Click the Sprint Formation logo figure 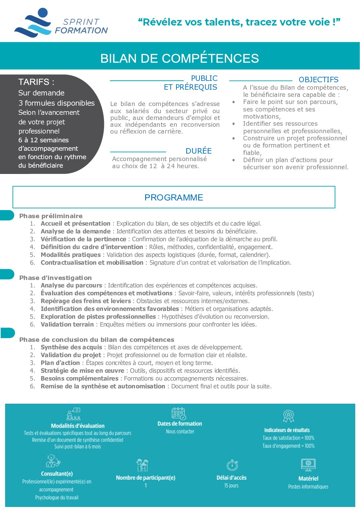tap(33, 23)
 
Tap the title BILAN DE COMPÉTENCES tap(179, 58)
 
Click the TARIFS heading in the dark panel tap(36, 82)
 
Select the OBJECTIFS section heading tap(318, 80)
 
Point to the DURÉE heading tap(199, 151)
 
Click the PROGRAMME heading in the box tap(174, 197)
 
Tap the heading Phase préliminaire tap(51, 216)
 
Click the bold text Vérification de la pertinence tap(83, 239)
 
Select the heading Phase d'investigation tap(55, 278)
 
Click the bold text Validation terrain tap(67, 324)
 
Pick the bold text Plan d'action tap(60, 363)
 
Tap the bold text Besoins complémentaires tap(80, 379)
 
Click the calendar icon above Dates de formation tap(179, 414)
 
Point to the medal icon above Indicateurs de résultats tap(288, 416)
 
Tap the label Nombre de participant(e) tap(145, 478)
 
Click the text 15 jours tap(231, 486)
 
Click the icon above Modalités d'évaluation tap(73, 414)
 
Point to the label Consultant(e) tap(57, 474)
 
